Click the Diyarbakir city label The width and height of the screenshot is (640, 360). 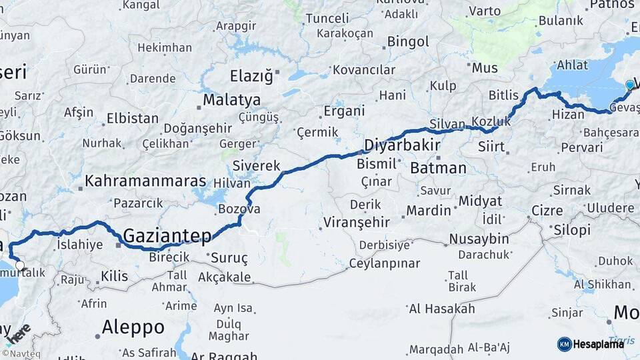pyautogui.click(x=402, y=145)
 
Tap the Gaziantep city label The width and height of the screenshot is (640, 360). pyautogui.click(x=167, y=235)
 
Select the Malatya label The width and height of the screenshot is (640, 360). pyautogui.click(x=232, y=100)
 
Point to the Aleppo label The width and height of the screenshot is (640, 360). pyautogui.click(x=133, y=327)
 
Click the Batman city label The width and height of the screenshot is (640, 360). pyautogui.click(x=438, y=168)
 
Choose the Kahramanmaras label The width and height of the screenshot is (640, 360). pyautogui.click(x=145, y=181)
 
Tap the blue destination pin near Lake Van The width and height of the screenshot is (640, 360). pyautogui.click(x=629, y=85)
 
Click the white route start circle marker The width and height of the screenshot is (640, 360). pyautogui.click(x=19, y=265)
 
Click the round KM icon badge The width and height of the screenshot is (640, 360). pyautogui.click(x=564, y=344)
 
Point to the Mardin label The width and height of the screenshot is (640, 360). pyautogui.click(x=429, y=211)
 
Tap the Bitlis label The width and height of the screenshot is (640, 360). pyautogui.click(x=503, y=95)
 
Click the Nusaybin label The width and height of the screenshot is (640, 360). pyautogui.click(x=479, y=239)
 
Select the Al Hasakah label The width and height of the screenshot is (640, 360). pyautogui.click(x=442, y=308)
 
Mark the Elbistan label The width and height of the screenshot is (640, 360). pyautogui.click(x=133, y=119)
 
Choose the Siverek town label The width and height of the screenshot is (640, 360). pyautogui.click(x=256, y=165)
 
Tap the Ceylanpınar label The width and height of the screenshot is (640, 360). pyautogui.click(x=385, y=263)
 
